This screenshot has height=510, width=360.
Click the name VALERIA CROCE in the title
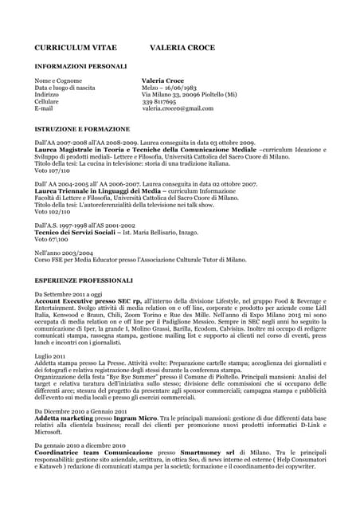point(182,48)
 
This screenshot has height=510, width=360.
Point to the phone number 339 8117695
point(159,101)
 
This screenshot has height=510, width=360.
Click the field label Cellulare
point(48,101)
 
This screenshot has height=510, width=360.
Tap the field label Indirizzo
point(47,94)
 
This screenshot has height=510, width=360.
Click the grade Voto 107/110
point(53,171)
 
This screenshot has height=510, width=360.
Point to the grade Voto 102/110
point(53,213)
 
